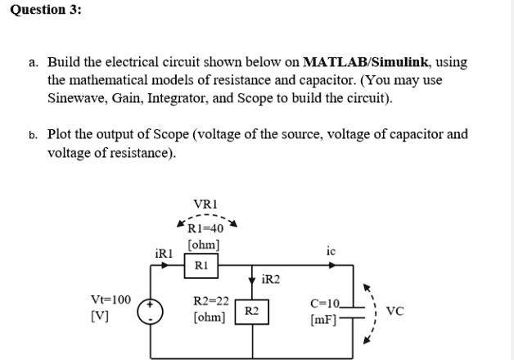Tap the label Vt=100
(x=111, y=300)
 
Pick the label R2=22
(x=209, y=301)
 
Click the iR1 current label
(x=165, y=254)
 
